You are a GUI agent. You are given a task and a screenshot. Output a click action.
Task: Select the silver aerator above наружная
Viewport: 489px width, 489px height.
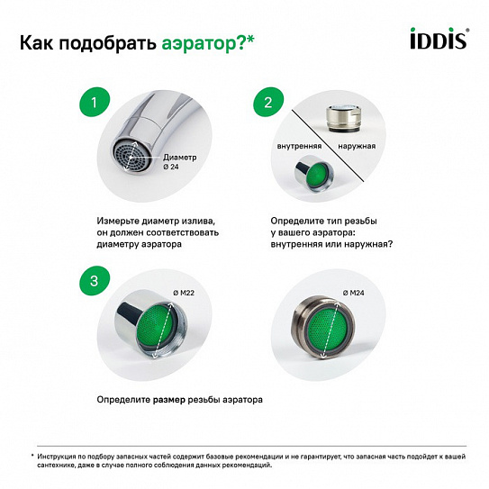(x=342, y=118)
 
